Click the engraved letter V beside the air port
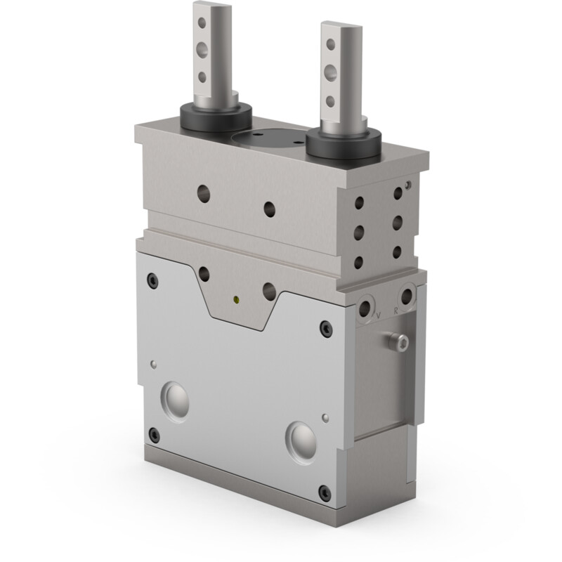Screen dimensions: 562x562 click(x=379, y=315)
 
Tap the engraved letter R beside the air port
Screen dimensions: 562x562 click(x=396, y=309)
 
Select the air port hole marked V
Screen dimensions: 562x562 click(x=365, y=307)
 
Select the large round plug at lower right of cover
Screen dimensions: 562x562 click(x=302, y=440)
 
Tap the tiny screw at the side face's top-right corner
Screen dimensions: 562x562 click(x=408, y=185)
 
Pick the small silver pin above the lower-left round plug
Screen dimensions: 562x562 click(x=152, y=363)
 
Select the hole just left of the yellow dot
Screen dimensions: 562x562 click(x=204, y=273)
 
